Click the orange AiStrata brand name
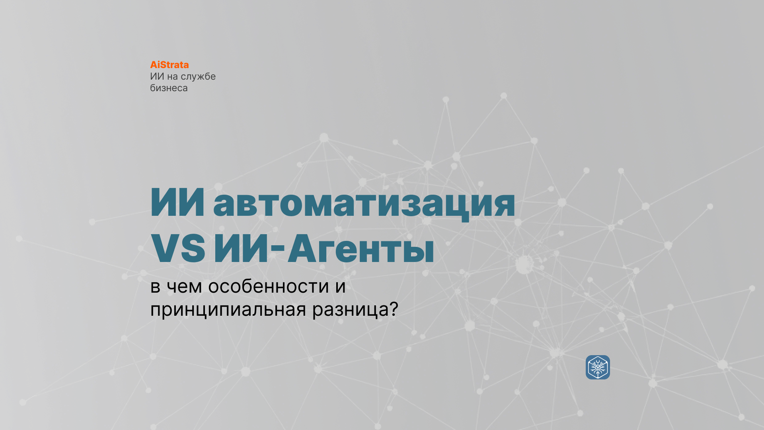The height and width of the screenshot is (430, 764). tap(170, 64)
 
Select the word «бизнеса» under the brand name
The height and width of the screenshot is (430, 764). tap(169, 88)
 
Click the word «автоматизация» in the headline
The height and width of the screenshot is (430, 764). tap(364, 203)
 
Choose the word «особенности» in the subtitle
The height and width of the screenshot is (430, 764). tap(269, 286)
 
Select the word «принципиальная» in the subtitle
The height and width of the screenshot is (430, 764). tap(228, 310)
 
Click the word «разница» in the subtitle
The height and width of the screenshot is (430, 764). tap(350, 310)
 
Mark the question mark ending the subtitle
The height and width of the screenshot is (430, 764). tap(394, 309)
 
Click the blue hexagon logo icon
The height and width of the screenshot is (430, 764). tap(598, 367)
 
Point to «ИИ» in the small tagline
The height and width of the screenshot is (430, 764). tap(157, 76)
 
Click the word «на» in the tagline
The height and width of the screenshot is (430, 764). tap(172, 77)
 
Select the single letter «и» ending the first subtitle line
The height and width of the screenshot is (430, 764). tap(341, 287)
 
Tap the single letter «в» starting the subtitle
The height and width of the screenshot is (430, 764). tap(155, 287)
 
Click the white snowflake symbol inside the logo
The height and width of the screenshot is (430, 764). tap(598, 367)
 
